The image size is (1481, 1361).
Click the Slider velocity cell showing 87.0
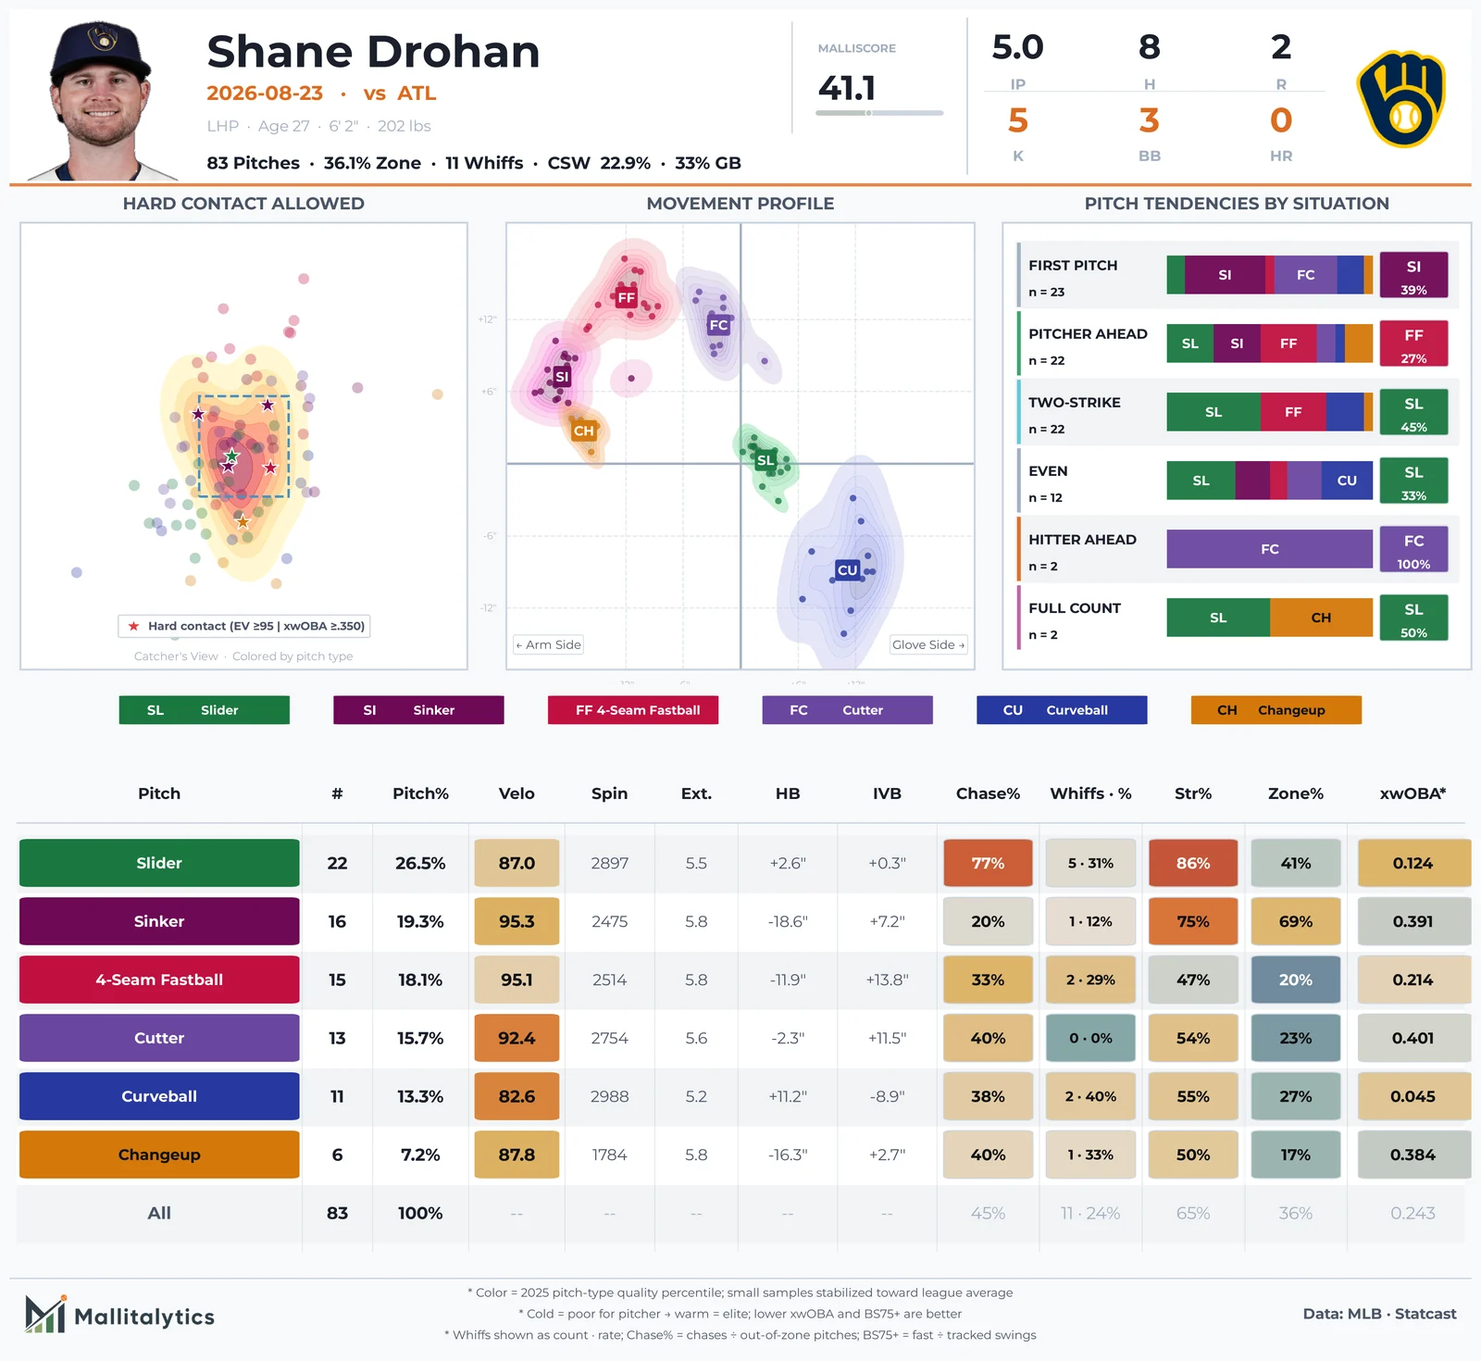pos(516,863)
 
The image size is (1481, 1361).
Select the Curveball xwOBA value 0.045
pos(1413,1096)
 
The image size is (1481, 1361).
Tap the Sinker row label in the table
pos(159,921)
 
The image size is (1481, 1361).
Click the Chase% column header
pos(988,793)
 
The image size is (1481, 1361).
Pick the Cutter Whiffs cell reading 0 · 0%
pos(1090,1038)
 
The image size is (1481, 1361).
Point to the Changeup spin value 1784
pos(609,1155)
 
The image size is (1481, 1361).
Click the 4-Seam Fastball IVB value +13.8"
pos(887,980)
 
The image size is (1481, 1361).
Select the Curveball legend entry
pos(1062,710)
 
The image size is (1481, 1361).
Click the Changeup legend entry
pos(1276,710)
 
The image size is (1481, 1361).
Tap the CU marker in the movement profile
pos(847,569)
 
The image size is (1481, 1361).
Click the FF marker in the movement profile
pos(627,297)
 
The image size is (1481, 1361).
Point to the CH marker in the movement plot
pos(583,431)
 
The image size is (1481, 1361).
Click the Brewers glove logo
pos(1401,99)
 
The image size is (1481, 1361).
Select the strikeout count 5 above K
pos(1018,120)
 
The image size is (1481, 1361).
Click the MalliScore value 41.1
pos(846,89)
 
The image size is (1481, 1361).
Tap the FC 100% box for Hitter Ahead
pos(1413,549)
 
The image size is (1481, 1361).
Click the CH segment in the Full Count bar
pos(1321,618)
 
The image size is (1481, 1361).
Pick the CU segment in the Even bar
pos(1347,481)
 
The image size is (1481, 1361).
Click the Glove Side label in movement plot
pos(928,644)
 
